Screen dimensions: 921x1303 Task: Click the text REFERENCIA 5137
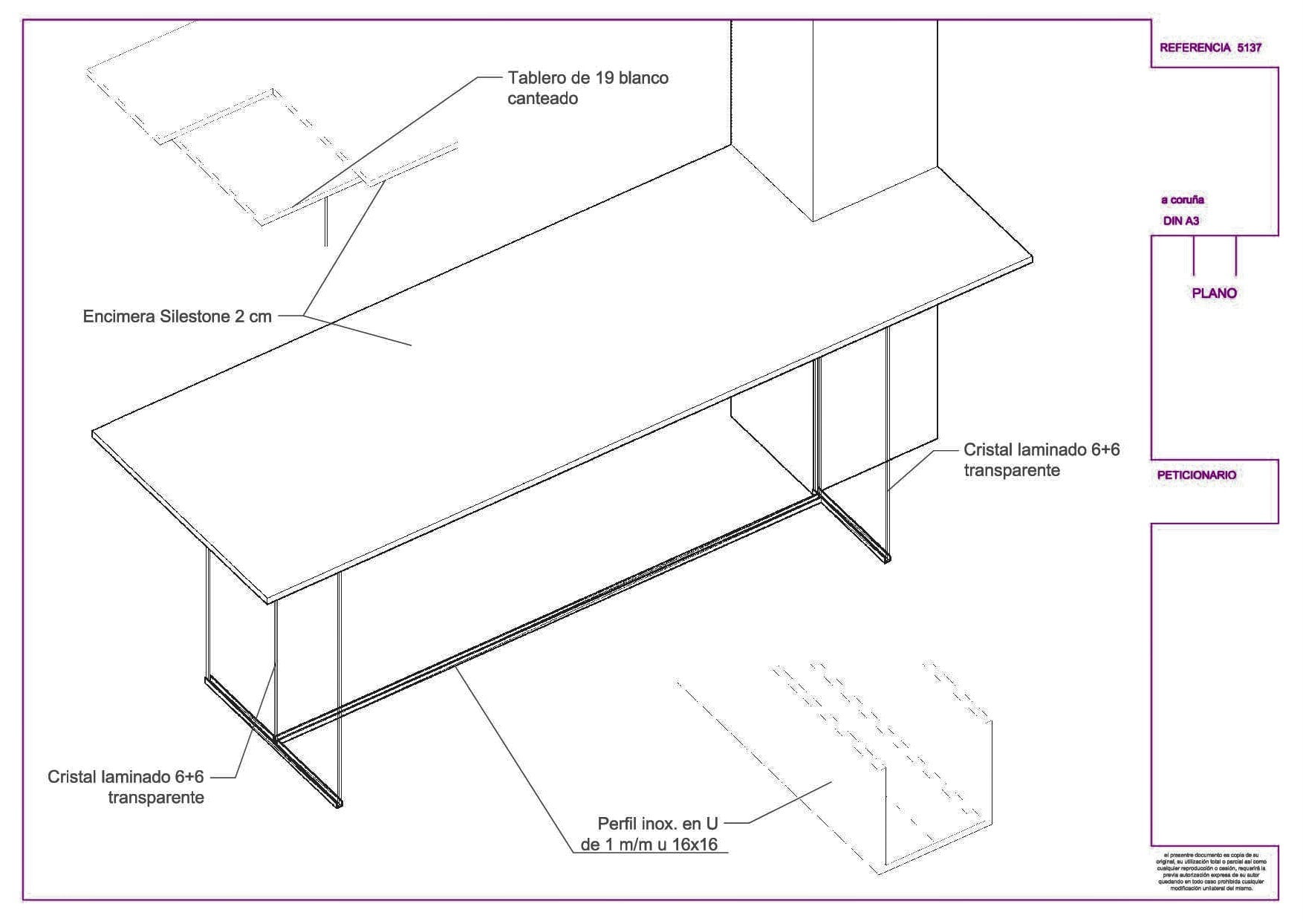pos(1210,48)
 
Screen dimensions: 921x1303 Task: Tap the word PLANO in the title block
pos(1214,293)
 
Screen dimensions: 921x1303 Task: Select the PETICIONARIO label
pos(1196,475)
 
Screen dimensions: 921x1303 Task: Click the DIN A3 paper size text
pos(1180,221)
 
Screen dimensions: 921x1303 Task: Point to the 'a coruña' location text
pos(1182,200)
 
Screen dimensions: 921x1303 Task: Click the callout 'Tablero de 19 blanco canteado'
pos(587,88)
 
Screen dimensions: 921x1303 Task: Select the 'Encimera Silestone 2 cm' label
pos(177,317)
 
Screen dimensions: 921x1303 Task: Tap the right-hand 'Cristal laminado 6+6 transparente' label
pos(1041,460)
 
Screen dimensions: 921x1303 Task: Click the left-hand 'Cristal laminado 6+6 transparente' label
pos(126,787)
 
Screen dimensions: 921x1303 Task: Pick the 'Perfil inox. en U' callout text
pos(657,824)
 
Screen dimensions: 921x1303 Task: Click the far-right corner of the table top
pos(1032,258)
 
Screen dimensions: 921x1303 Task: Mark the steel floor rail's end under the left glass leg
pos(339,804)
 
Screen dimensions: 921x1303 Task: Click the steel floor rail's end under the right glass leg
pos(886,559)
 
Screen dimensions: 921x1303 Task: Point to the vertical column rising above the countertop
pos(874,111)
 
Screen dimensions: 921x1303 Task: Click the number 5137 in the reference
pos(1249,48)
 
